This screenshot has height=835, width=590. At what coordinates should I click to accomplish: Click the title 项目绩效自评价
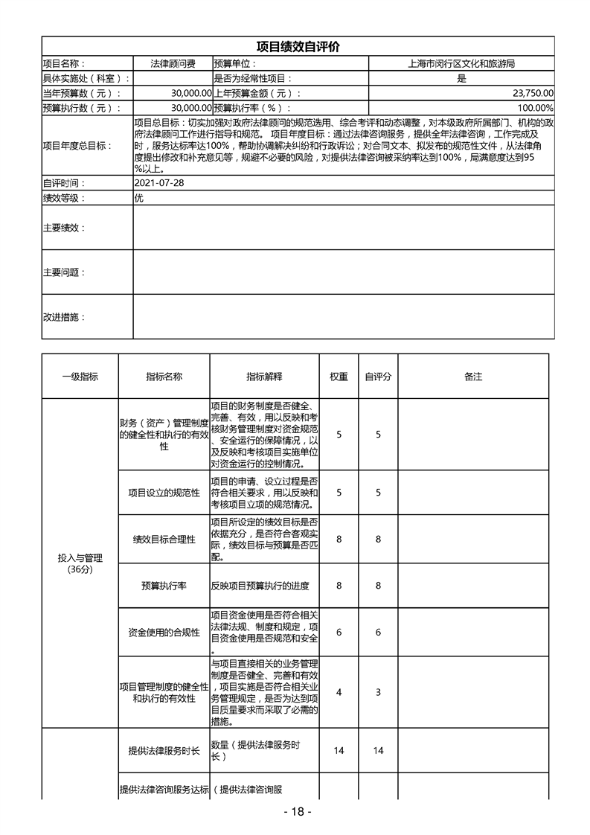298,46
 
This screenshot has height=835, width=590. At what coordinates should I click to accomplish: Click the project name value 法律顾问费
173,64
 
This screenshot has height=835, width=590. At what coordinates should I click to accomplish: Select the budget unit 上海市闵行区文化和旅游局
461,64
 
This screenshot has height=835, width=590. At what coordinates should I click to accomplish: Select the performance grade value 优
138,198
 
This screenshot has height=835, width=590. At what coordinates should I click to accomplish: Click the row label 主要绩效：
64,228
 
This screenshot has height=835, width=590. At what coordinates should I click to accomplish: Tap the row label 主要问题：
64,272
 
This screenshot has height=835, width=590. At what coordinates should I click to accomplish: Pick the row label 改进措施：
64,317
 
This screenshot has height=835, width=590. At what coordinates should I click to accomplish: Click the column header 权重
339,377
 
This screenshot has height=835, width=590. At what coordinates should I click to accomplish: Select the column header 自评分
378,377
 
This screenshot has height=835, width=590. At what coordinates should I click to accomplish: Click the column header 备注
473,377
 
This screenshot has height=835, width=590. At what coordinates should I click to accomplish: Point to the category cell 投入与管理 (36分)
80,563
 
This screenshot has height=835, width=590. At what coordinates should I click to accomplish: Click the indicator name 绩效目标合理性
164,540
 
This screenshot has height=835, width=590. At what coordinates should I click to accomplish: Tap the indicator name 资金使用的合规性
164,633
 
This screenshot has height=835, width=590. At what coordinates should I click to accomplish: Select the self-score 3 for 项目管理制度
378,692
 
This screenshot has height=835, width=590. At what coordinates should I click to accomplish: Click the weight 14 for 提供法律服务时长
339,751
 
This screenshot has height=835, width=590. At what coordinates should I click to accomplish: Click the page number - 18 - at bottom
297,811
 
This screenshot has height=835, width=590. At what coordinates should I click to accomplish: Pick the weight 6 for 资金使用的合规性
339,633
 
